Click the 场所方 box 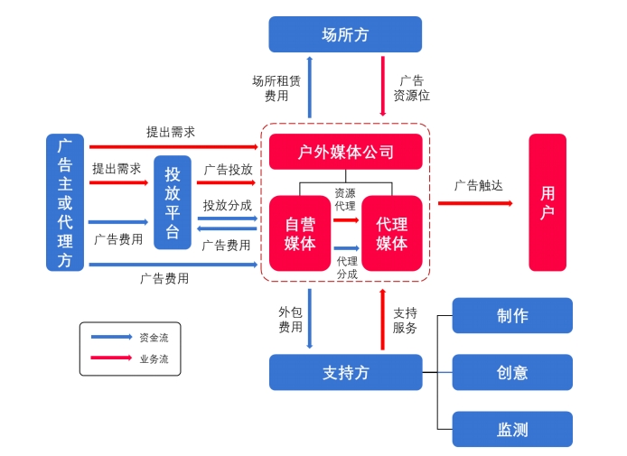(345, 34)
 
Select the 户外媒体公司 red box (345, 152)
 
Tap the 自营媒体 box (300, 233)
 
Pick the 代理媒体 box (391, 233)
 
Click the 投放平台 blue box (173, 202)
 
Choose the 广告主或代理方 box (65, 202)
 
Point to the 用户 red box (547, 202)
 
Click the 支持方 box (345, 372)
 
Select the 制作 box (512, 315)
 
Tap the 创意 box (512, 372)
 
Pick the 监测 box (512, 429)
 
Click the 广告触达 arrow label (478, 185)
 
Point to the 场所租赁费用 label (276, 88)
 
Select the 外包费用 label (290, 319)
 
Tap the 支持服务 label (405, 319)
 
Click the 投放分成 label (227, 205)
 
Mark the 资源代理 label (345, 199)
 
